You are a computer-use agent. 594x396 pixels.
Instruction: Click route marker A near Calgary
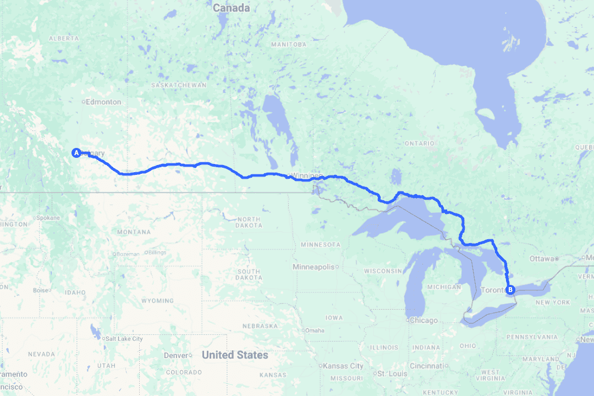pos(76,152)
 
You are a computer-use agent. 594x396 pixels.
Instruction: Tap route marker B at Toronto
pos(510,290)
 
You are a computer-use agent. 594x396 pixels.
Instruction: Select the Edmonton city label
pos(103,102)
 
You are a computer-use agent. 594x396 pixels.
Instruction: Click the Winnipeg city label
pos(306,175)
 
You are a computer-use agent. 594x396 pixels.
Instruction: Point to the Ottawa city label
pos(542,258)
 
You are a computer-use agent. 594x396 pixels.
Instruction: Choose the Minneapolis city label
pos(313,267)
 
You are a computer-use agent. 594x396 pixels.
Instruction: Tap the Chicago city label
pos(424,320)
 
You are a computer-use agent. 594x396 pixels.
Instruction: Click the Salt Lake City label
pos(124,339)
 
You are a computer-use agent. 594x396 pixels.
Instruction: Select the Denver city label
pos(176,355)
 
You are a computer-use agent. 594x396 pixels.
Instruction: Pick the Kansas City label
pos(343,366)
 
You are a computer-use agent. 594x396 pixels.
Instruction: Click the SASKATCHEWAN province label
pos(179,85)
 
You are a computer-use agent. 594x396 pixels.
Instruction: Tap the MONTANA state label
pos(134,232)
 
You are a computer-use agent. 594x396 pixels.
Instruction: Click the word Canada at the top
pos(231,8)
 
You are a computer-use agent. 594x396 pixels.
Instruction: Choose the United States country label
pos(235,355)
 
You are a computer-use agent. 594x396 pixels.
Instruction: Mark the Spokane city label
pos(50,218)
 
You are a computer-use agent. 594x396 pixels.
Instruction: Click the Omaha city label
pos(315,331)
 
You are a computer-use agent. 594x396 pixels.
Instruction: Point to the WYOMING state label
pos(157,301)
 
